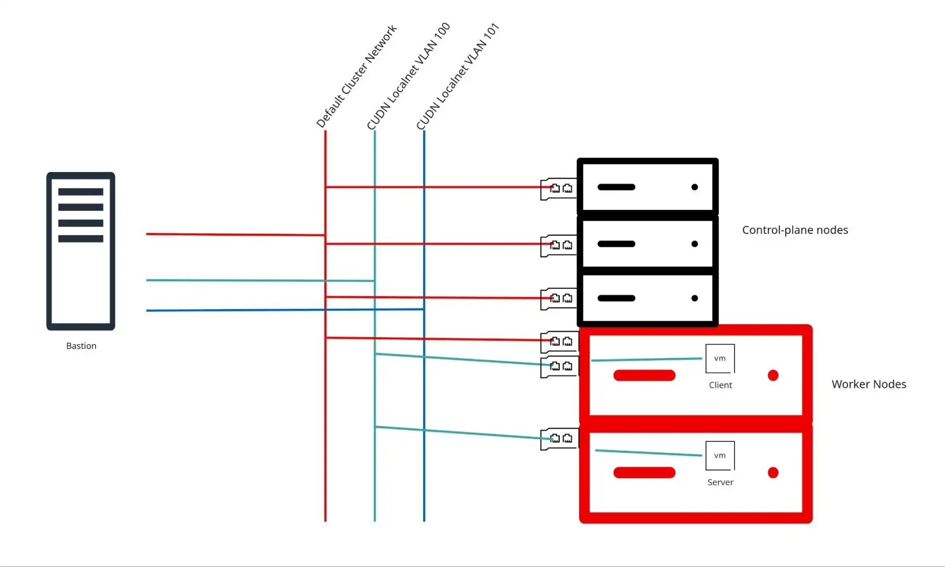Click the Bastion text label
(81, 346)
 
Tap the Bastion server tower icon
(81, 251)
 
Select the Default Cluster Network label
(356, 76)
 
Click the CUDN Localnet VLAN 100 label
(408, 76)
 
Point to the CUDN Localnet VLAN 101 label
(458, 76)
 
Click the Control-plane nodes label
(795, 230)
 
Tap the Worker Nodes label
(869, 384)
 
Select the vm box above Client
(720, 359)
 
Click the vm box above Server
(720, 455)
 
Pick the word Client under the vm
(720, 385)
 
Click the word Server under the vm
(720, 482)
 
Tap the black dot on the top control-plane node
(694, 187)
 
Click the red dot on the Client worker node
(773, 376)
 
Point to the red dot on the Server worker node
(773, 472)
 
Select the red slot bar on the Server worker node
(644, 472)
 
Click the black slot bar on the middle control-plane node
(616, 244)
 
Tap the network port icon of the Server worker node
(559, 439)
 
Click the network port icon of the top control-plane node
(558, 189)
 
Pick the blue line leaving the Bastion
(285, 310)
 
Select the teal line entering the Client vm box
(647, 360)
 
